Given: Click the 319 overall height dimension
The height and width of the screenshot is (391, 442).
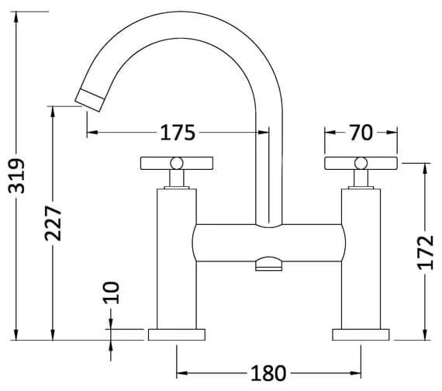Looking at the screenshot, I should (18, 176).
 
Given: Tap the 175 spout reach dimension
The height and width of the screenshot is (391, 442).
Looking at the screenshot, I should (178, 133).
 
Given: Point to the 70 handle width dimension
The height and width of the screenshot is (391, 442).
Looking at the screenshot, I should (361, 133).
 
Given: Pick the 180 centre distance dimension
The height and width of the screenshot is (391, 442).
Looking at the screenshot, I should (268, 373).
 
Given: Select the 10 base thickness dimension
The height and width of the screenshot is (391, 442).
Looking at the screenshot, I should (112, 292).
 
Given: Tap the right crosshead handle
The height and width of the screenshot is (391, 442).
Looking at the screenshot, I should (360, 163).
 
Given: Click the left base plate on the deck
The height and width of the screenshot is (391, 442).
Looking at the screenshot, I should (178, 334).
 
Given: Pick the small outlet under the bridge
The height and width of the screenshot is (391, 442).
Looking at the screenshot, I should (268, 267).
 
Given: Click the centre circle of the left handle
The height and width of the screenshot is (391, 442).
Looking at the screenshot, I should (177, 163).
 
